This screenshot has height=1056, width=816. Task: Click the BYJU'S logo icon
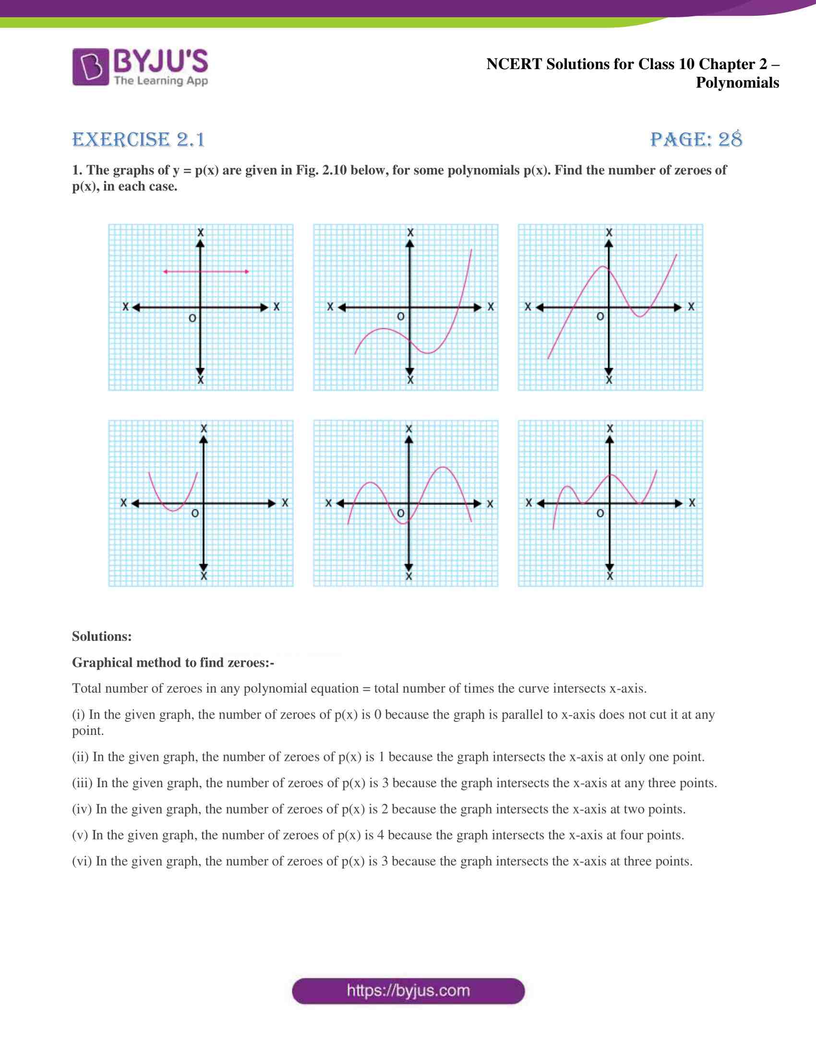coord(90,67)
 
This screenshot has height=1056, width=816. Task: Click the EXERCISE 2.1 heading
coord(138,140)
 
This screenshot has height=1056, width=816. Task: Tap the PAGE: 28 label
coord(696,140)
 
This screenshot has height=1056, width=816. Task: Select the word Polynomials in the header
coord(737,83)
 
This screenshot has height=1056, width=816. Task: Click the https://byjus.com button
coord(408,991)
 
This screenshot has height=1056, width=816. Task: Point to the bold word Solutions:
coord(101,636)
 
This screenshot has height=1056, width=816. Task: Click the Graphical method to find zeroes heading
coord(173,662)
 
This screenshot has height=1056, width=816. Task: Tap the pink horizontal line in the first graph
coord(206,272)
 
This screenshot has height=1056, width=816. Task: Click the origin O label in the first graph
coord(192,318)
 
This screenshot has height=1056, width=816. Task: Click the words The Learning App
coord(161,81)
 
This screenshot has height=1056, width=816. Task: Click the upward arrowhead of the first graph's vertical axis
coord(200,243)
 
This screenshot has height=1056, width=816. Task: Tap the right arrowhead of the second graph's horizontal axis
coord(478,308)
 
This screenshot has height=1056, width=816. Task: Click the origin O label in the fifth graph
coord(401,513)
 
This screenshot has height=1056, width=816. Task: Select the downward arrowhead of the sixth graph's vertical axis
coord(610,567)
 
